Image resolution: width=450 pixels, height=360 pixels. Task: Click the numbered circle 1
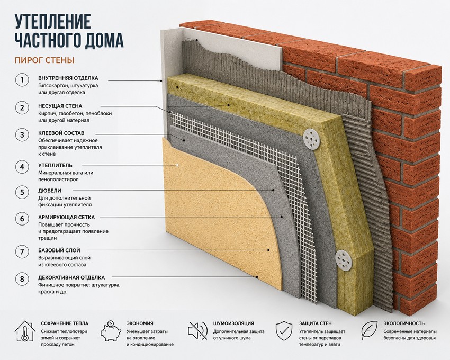[x=22, y=80]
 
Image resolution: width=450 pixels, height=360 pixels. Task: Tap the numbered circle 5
[x=22, y=192]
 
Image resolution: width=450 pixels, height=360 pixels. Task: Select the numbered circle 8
[x=22, y=279]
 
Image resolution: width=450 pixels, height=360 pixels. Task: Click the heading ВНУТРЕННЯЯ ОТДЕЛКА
[x=68, y=78]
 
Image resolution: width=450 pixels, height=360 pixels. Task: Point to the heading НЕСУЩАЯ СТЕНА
[x=60, y=106]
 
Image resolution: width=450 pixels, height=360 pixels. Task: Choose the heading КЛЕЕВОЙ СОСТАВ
[x=61, y=133]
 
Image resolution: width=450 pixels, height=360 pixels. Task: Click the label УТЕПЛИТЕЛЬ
[x=55, y=165]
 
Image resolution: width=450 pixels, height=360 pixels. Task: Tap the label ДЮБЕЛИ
[x=50, y=191]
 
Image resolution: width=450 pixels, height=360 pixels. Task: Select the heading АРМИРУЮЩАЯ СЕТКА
[x=66, y=217]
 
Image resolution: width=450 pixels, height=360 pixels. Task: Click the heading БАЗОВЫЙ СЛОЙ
[x=59, y=250]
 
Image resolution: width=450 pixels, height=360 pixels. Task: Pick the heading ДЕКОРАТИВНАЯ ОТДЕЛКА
[x=71, y=277]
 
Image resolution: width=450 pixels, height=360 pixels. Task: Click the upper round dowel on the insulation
[x=311, y=139]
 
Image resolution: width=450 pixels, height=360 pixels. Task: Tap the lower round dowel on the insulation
[x=344, y=260]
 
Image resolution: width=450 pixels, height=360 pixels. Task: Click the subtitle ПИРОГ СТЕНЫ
[x=44, y=60]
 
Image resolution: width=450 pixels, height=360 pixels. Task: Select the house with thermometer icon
[x=25, y=331]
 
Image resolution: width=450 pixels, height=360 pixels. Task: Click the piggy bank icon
[x=111, y=331]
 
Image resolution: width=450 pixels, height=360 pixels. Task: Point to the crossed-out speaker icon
[x=198, y=331]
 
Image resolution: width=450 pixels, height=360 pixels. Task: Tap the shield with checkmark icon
[x=284, y=331]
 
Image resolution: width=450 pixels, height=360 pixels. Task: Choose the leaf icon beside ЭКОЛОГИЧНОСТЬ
[x=369, y=331]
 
